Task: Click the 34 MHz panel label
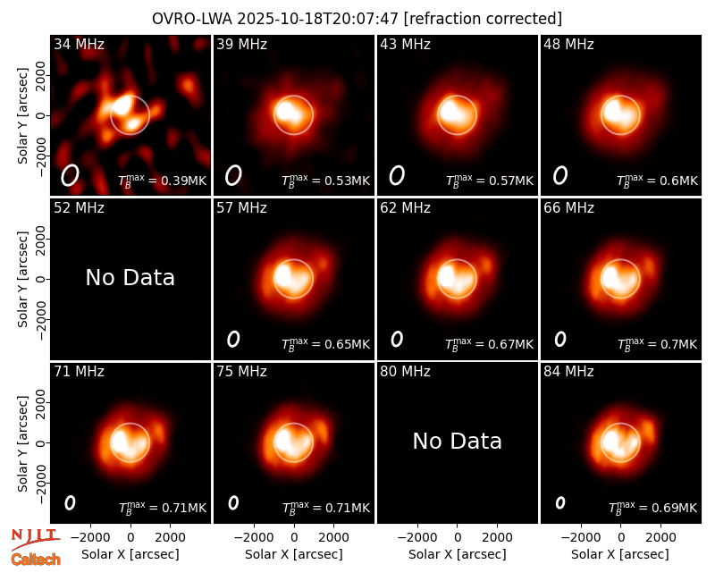tap(79, 44)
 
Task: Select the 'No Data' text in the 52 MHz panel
tap(130, 277)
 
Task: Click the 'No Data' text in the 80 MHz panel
tap(457, 441)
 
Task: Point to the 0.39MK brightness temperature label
tap(163, 181)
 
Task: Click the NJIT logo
tap(35, 539)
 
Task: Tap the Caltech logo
tap(36, 560)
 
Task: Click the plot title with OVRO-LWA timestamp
tap(357, 19)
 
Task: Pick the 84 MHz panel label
tap(568, 371)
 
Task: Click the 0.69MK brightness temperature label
tap(653, 507)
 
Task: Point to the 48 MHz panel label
tap(568, 44)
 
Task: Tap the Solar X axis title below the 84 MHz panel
tap(620, 554)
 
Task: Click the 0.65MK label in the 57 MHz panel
tap(326, 343)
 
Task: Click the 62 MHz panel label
tap(405, 208)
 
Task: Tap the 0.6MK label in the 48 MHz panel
tap(657, 181)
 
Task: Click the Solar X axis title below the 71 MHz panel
tap(130, 554)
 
